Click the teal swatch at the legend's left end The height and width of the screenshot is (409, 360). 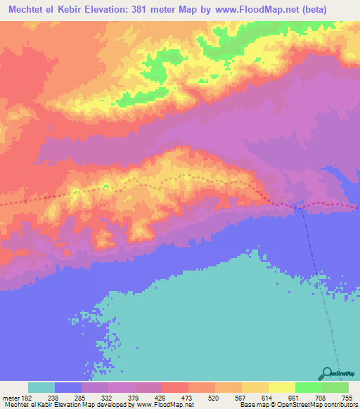(x=41, y=387)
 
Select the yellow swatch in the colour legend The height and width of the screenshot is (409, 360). (x=281, y=387)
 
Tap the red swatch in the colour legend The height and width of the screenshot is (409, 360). (x=174, y=387)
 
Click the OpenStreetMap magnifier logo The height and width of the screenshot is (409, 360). (x=328, y=374)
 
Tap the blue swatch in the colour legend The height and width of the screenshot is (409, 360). (x=68, y=387)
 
